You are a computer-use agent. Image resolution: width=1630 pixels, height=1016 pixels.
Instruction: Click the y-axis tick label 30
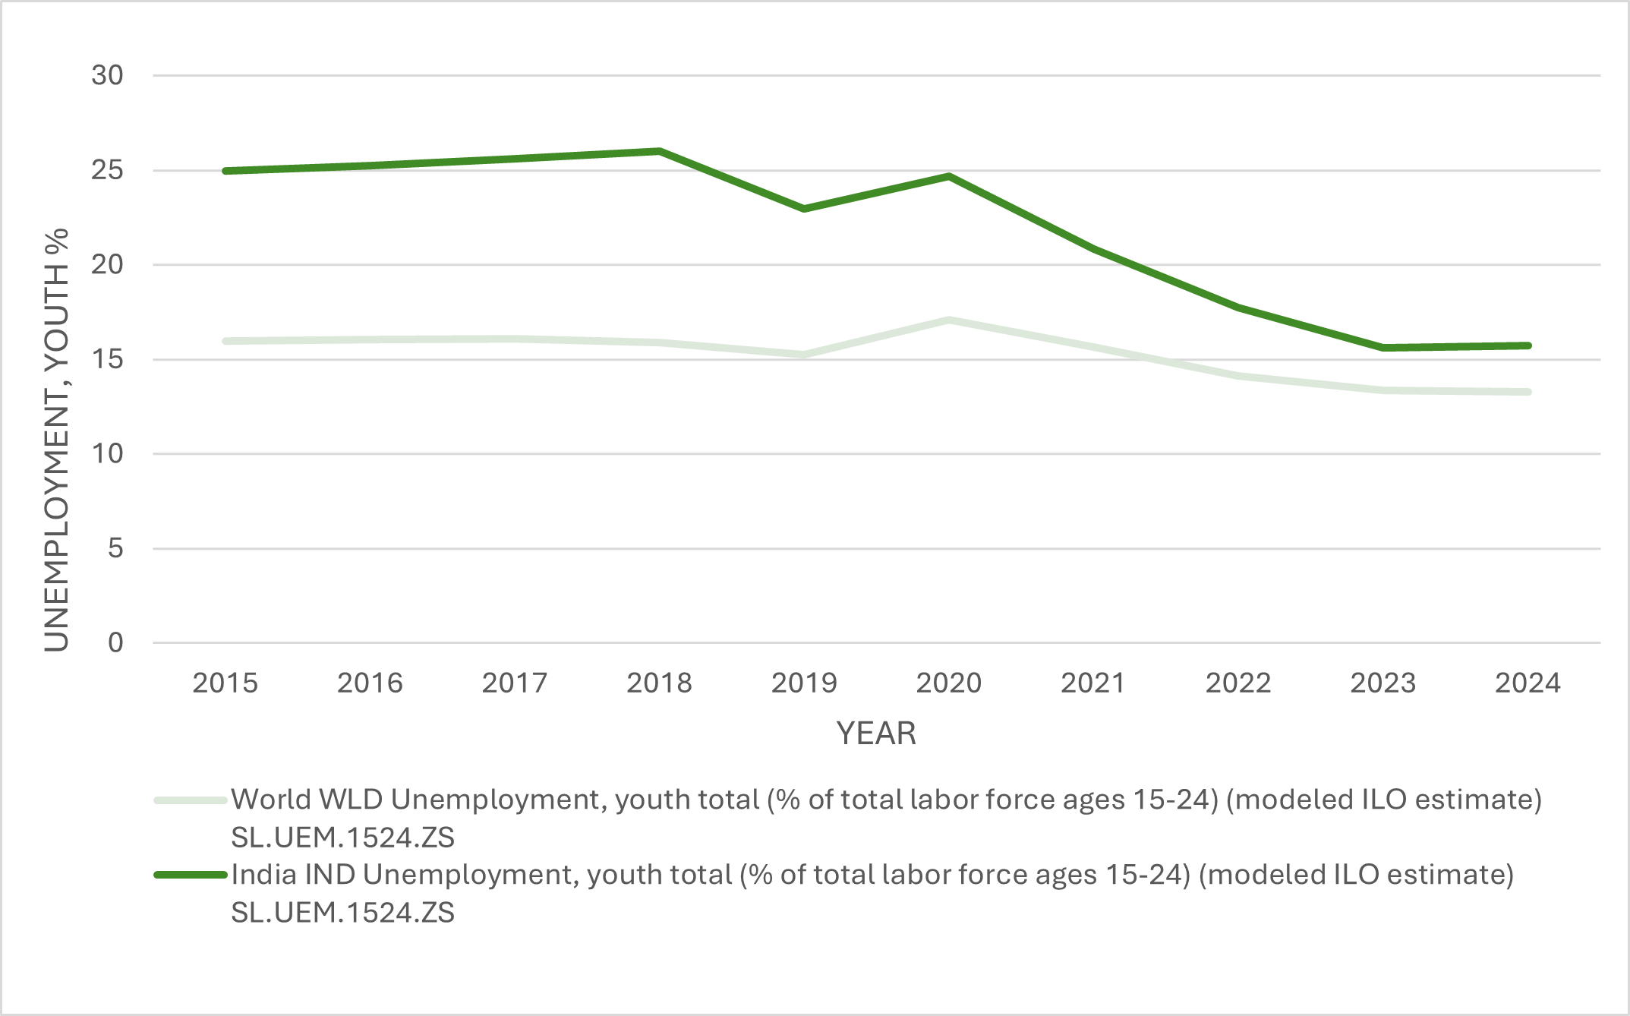107,75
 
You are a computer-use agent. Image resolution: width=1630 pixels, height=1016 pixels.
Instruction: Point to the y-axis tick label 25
107,170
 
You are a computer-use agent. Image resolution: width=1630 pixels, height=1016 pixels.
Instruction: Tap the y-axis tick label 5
115,548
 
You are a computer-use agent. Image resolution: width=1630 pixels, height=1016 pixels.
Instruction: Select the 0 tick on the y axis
115,642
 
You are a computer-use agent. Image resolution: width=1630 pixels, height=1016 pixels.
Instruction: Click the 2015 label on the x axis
225,683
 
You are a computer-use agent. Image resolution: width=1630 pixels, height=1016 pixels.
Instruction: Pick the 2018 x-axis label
659,683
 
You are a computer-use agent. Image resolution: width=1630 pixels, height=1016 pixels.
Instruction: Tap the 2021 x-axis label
1093,683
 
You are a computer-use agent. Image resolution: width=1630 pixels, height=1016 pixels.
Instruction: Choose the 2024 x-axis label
1528,683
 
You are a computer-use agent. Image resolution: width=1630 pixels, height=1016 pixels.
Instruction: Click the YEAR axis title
876,734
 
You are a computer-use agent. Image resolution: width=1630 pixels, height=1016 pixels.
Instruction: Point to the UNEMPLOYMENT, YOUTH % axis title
57,440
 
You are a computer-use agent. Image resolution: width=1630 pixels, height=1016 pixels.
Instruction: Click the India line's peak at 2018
659,151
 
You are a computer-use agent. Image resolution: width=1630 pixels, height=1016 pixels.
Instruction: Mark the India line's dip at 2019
804,208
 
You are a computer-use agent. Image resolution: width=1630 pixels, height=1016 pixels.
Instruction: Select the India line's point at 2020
949,176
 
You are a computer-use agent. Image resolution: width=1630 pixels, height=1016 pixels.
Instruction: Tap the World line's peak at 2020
949,320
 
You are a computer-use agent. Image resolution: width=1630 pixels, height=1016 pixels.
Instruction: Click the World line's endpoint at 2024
1528,392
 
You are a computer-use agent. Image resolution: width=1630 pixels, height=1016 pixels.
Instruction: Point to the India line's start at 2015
225,171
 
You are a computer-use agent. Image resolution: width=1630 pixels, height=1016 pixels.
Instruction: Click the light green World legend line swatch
191,800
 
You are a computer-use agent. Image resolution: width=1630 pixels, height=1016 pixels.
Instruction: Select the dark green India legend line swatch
191,875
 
